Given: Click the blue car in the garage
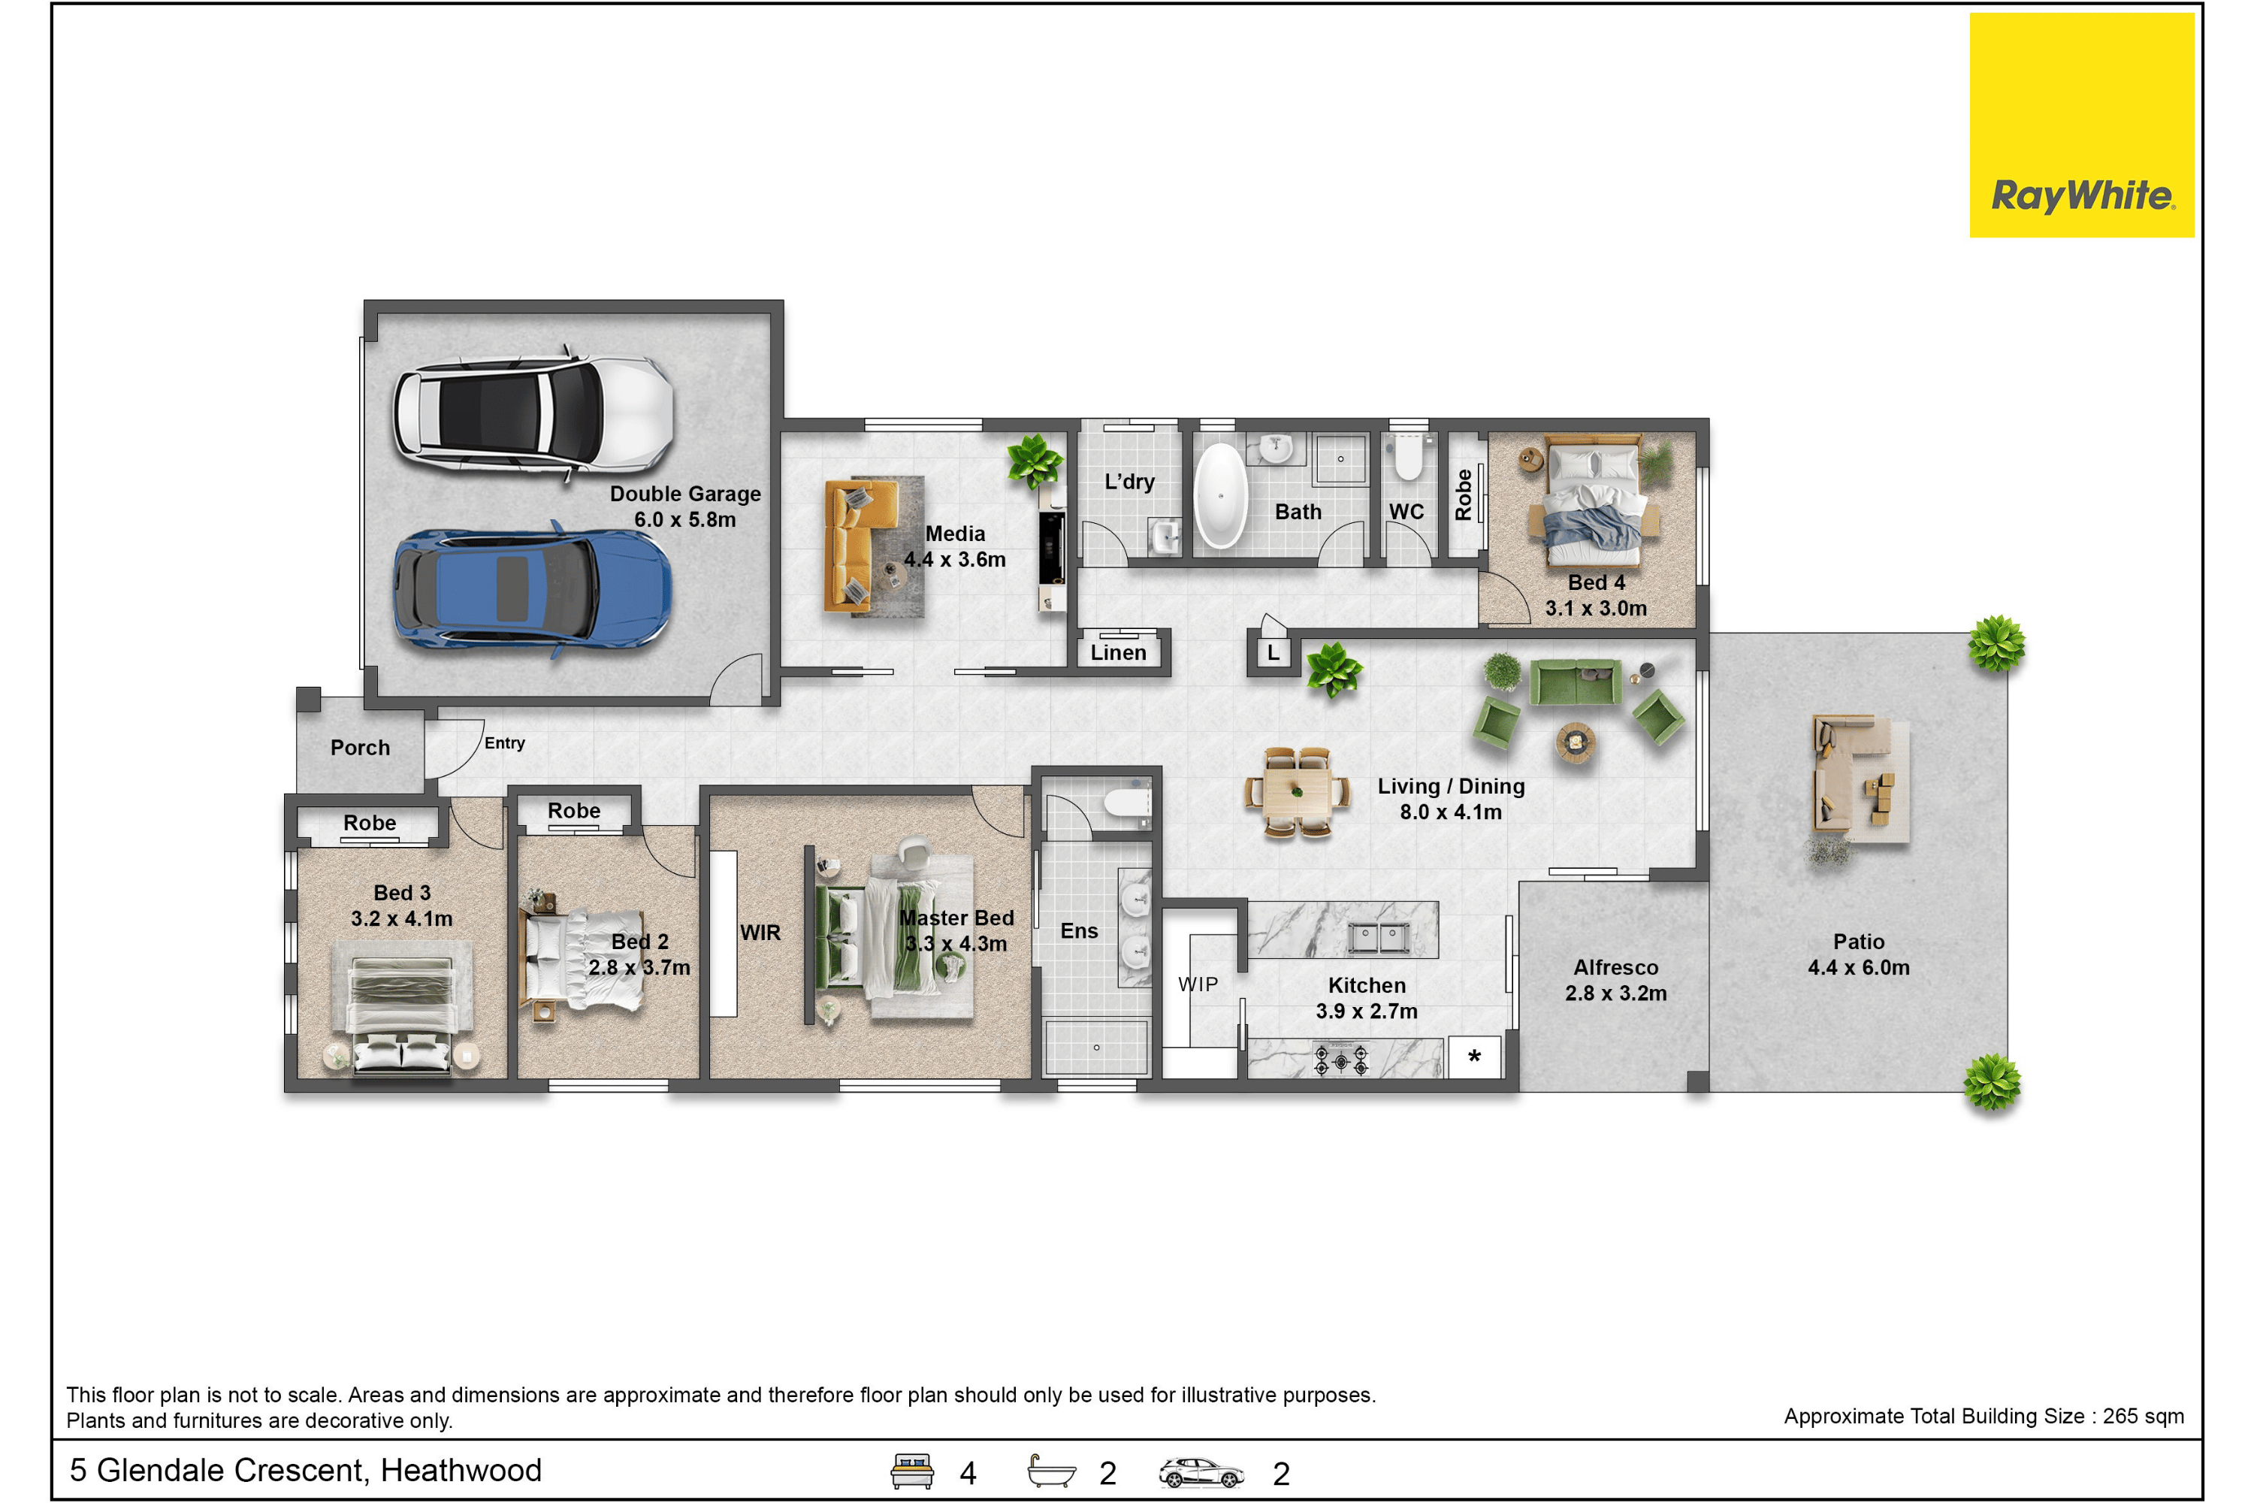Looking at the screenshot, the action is coord(533,588).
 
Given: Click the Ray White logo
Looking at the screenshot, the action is coord(2081,125).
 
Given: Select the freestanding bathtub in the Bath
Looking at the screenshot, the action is coord(1220,495).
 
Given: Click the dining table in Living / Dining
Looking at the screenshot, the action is coord(1297,793).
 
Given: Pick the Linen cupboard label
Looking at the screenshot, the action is coord(1119,653).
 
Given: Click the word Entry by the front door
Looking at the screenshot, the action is coord(504,743).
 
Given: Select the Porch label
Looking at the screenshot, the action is coord(361,748).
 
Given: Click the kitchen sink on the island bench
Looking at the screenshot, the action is coord(1378,936).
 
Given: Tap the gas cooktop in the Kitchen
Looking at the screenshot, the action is coord(1340,1059).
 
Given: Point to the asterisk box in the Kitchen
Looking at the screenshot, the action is coord(1474,1057).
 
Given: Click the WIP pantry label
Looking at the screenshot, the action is coord(1198,984).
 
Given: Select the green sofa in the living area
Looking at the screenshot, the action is coord(1576,682).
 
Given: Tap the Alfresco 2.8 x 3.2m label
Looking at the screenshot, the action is coord(1616,981).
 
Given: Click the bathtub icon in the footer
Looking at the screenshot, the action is coord(1051,1471).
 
